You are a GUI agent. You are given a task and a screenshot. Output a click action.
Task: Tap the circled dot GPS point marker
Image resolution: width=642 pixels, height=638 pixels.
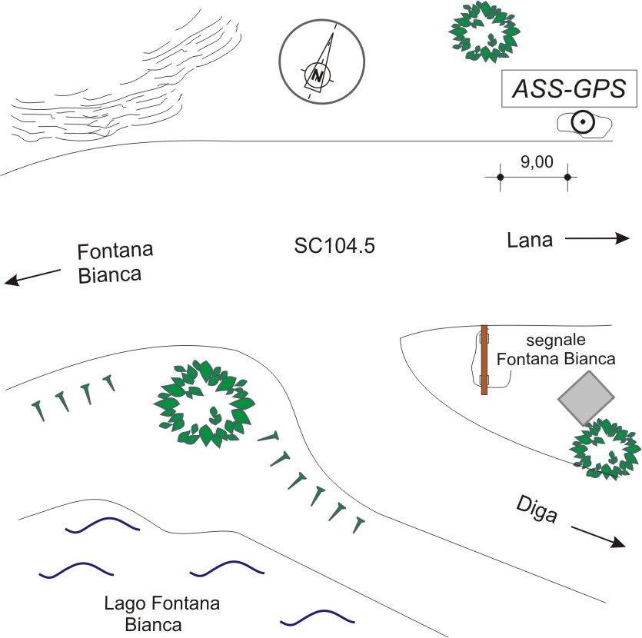(583, 121)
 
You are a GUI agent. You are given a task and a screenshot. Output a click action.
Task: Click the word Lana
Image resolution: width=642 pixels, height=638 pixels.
(530, 241)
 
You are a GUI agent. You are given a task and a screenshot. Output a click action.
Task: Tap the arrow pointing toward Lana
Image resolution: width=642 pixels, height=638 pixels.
(597, 240)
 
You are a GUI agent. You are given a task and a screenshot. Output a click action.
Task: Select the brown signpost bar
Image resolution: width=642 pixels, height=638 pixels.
(484, 360)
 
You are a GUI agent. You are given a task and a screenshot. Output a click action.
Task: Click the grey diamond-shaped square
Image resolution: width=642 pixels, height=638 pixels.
(587, 397)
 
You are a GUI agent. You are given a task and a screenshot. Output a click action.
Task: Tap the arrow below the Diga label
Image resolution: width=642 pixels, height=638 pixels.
(597, 536)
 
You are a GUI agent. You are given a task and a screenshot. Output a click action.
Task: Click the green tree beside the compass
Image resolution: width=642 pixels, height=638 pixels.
(484, 31)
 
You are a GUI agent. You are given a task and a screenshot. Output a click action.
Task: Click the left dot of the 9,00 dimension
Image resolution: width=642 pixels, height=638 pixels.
(500, 177)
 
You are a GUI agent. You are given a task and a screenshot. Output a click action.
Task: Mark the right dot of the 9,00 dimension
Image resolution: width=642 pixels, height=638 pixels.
(567, 177)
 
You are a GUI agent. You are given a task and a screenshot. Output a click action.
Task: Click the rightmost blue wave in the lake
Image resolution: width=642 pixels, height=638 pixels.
(318, 616)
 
